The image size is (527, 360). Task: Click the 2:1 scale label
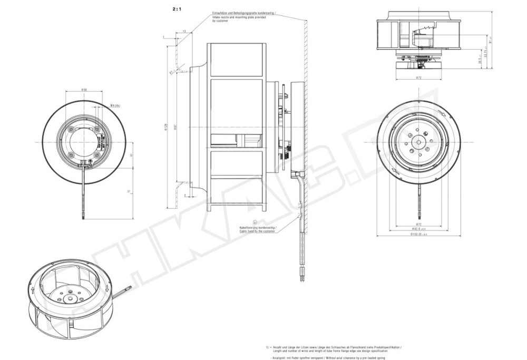tap(178, 9)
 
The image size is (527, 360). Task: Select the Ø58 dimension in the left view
tap(84, 90)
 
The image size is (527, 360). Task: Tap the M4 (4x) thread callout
tap(115, 105)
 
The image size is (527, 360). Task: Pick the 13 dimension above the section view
tap(183, 32)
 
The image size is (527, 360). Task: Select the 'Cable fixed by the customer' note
tap(258, 229)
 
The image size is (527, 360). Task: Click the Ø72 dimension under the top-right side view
tap(418, 78)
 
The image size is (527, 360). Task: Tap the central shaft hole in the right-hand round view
tap(418, 141)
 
